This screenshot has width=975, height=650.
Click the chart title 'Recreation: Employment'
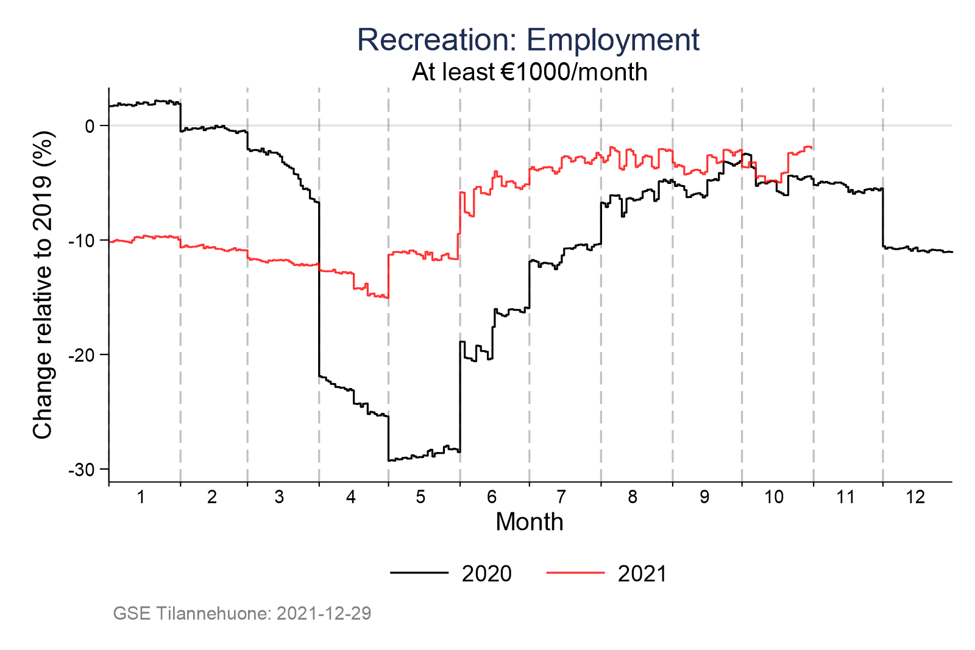pyautogui.click(x=528, y=40)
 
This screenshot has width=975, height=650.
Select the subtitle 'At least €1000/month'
pyautogui.click(x=529, y=72)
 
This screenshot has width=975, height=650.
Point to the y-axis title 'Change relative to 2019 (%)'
pyautogui.click(x=43, y=284)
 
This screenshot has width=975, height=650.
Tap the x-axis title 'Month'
pyautogui.click(x=529, y=522)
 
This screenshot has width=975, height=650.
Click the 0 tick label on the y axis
pyautogui.click(x=90, y=126)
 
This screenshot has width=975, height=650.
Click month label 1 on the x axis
pyautogui.click(x=141, y=497)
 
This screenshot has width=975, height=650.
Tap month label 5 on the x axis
pyautogui.click(x=420, y=497)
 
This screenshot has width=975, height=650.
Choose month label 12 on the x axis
pyautogui.click(x=915, y=497)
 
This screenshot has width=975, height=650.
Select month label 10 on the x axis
pyautogui.click(x=774, y=497)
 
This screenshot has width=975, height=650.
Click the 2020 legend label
pyautogui.click(x=486, y=574)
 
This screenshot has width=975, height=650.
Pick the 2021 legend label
pyautogui.click(x=642, y=574)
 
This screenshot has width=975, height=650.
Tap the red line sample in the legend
pyautogui.click(x=575, y=573)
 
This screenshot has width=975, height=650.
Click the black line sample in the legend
pyautogui.click(x=419, y=573)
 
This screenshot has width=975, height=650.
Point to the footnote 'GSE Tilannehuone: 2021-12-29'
pyautogui.click(x=242, y=613)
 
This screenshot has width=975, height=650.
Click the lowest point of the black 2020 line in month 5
pyautogui.click(x=390, y=460)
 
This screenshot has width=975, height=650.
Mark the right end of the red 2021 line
pyautogui.click(x=812, y=147)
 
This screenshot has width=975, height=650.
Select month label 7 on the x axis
pyautogui.click(x=561, y=497)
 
